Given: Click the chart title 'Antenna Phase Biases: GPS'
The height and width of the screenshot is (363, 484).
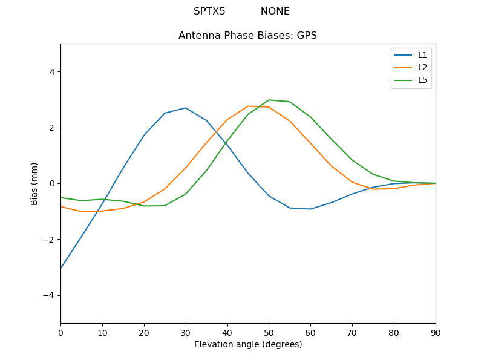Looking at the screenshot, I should point(247,36).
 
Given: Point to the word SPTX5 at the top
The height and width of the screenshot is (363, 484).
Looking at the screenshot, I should point(209,11).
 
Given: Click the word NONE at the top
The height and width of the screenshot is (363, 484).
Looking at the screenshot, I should point(275,11).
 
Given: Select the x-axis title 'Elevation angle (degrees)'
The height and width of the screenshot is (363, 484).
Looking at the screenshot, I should point(248,345).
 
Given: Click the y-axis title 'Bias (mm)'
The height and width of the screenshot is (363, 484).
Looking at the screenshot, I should point(34,183).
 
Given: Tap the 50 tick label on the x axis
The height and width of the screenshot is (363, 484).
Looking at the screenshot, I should point(269,332).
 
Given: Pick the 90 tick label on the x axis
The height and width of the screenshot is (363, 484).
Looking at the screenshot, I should point(436,332).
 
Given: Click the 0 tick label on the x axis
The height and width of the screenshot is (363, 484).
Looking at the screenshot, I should point(60,332).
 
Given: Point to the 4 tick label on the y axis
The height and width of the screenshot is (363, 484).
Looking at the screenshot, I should point(51,72).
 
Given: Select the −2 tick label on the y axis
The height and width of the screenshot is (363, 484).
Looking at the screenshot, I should point(49,240).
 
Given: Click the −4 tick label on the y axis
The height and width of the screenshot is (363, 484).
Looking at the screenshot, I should point(49,295).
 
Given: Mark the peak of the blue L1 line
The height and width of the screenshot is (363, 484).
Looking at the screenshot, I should point(185,108).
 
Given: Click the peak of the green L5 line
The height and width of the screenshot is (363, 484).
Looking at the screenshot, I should point(269,100).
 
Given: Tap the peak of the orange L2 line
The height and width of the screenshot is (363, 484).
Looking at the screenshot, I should point(248,106).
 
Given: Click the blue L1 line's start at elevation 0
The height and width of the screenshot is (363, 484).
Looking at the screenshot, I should point(61,268).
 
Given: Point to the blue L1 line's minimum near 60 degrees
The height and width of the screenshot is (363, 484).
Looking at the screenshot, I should point(310,209).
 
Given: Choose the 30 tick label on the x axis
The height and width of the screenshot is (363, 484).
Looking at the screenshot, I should point(185,332).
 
